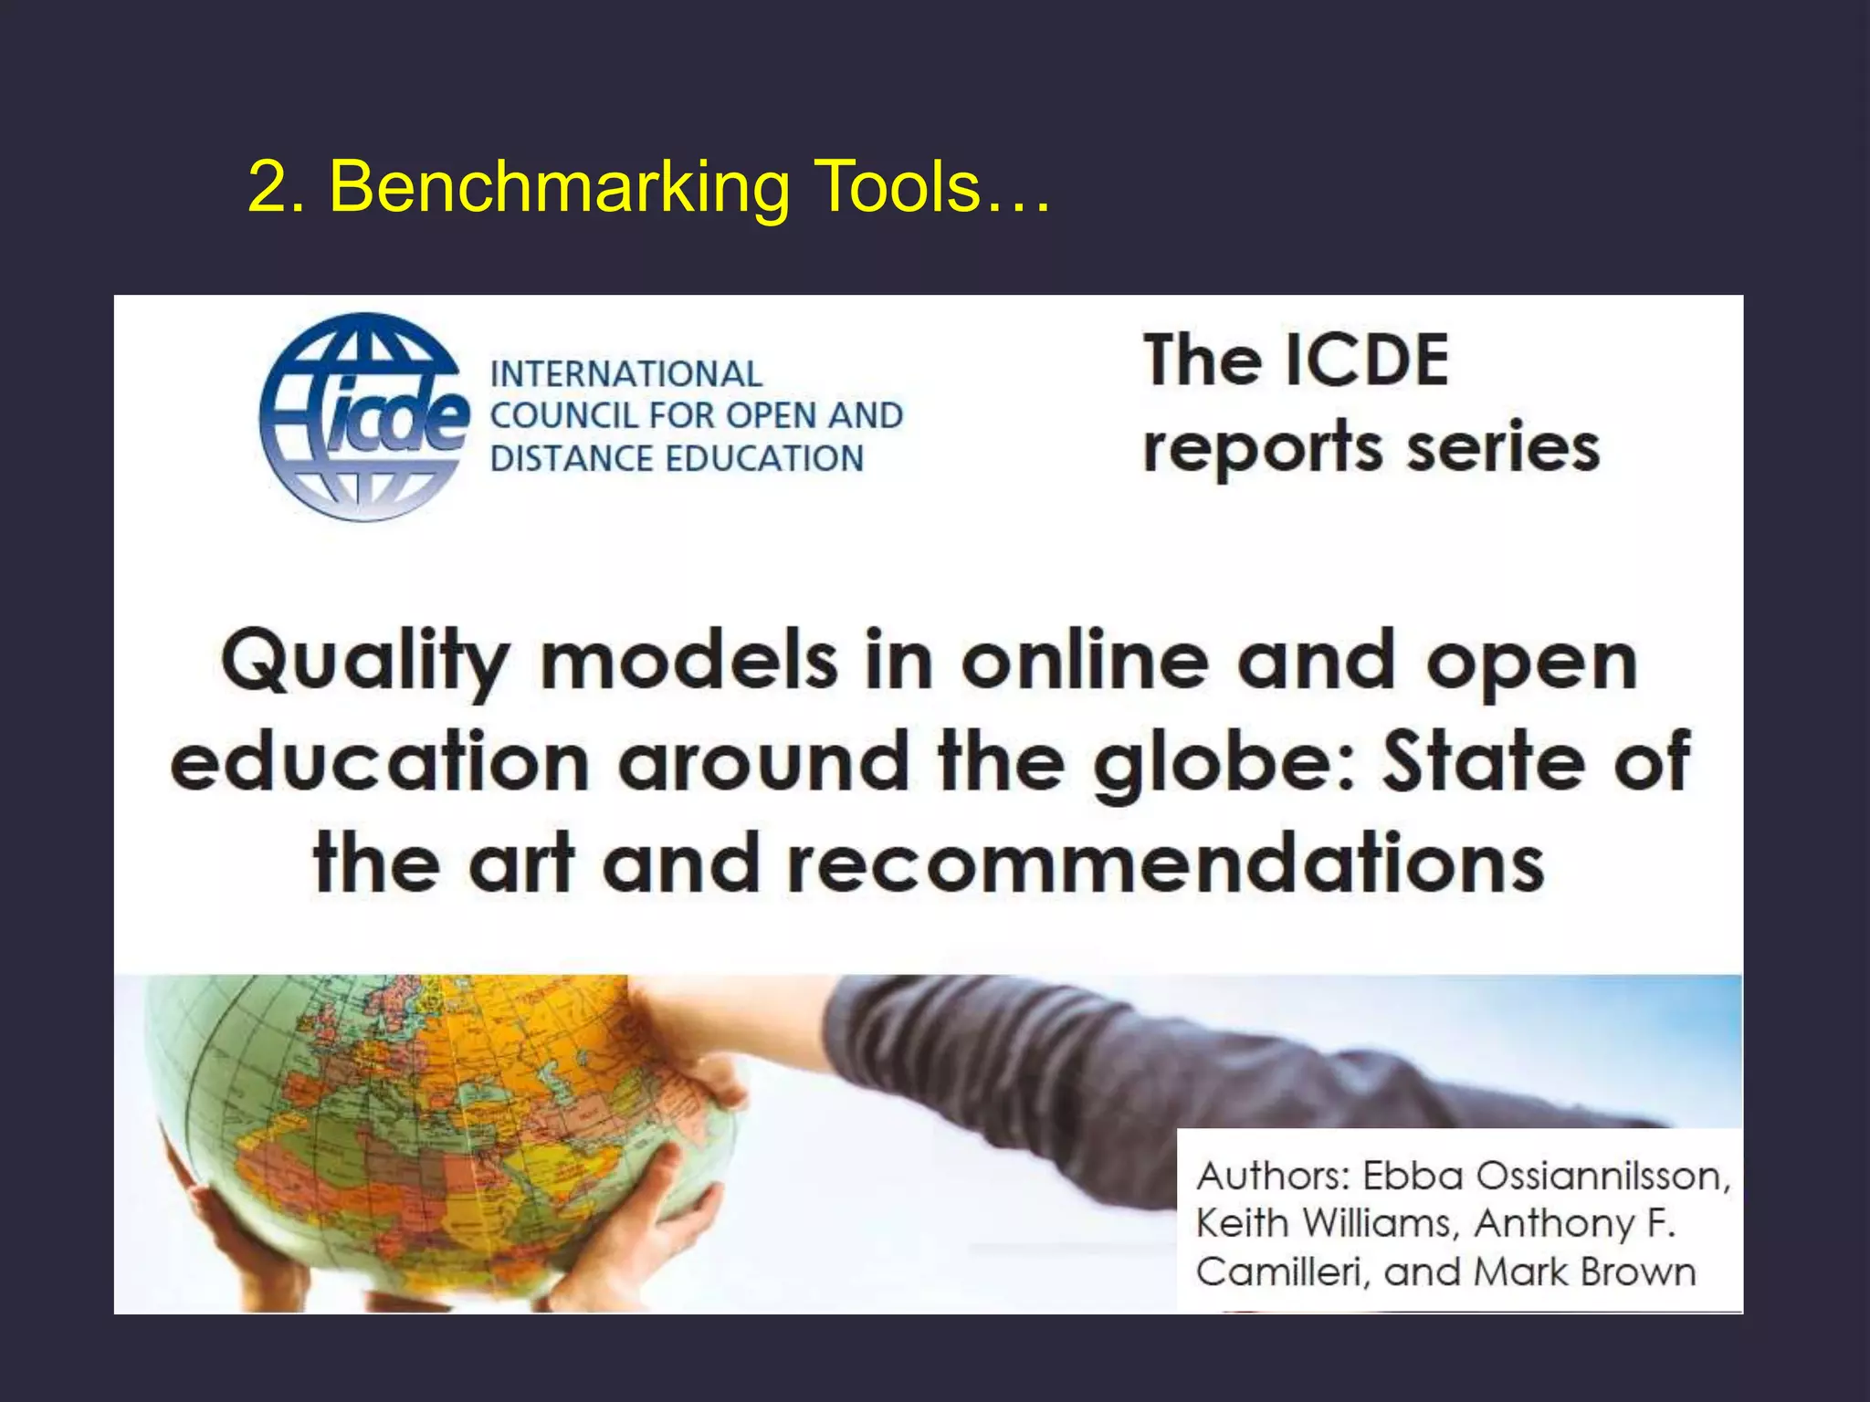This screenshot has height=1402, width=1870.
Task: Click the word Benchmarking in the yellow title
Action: point(559,187)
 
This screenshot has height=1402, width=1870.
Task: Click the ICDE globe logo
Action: point(363,418)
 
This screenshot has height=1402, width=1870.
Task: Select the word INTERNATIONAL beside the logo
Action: point(625,374)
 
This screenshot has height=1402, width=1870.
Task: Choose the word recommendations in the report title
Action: point(1164,863)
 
